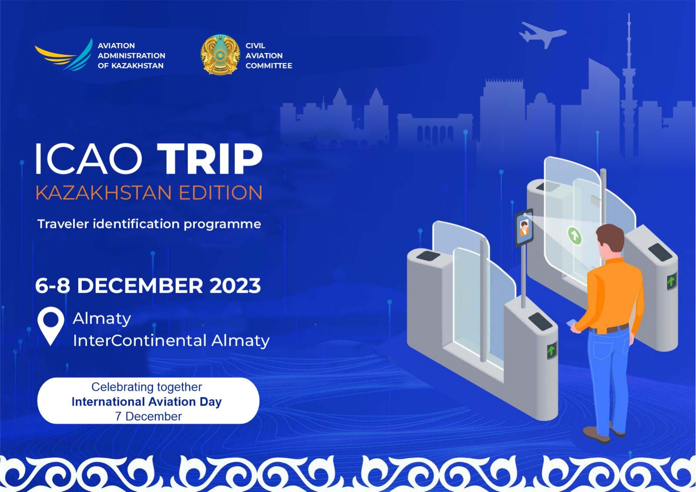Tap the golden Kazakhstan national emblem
point(220,55)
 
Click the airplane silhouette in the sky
point(542,34)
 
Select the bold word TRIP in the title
point(210,159)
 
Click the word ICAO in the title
point(89,159)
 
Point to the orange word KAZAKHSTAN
point(104,193)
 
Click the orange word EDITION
point(221,193)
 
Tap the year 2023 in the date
point(235,286)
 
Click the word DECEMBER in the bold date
point(140,286)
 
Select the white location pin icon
point(50,325)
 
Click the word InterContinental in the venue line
point(140,340)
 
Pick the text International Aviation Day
point(147,402)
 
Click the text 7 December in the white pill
point(148,416)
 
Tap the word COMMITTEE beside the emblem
point(269,66)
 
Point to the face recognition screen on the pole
point(524,228)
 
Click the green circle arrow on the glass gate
point(575,236)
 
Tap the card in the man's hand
point(571,324)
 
